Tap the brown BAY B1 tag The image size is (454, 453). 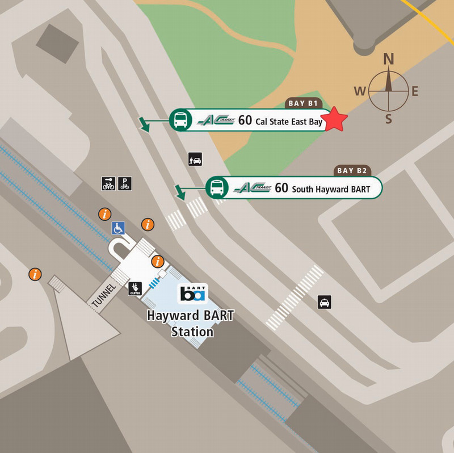(304, 104)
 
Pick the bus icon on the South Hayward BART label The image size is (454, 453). (217, 187)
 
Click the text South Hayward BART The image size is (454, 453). (331, 189)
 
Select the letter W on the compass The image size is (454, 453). (360, 91)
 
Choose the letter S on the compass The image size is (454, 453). (389, 119)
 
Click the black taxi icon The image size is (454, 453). (324, 302)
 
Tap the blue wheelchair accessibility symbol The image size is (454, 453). (118, 228)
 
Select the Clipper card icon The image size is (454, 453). (135, 289)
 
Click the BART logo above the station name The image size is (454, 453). (193, 293)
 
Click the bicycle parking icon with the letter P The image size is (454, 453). (125, 183)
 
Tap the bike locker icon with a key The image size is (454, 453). (108, 183)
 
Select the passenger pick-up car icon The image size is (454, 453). (195, 160)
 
